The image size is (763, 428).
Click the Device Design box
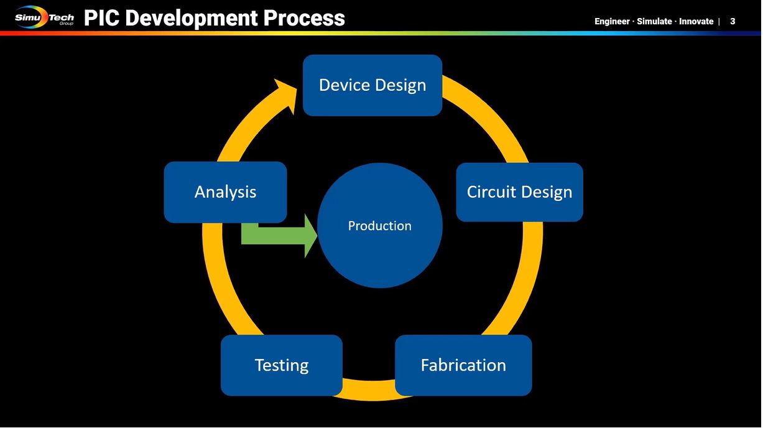click(x=372, y=85)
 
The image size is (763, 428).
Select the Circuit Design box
click(x=519, y=192)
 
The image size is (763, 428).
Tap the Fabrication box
click(x=463, y=365)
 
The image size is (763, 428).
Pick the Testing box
click(x=281, y=365)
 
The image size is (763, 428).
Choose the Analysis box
click(x=225, y=192)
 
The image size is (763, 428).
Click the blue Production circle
click(x=380, y=226)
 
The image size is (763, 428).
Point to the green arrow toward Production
click(x=279, y=236)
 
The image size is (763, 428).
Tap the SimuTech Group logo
click(x=44, y=17)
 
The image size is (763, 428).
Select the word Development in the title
click(x=191, y=19)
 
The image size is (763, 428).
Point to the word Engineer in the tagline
click(x=612, y=22)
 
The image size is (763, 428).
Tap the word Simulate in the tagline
click(x=654, y=22)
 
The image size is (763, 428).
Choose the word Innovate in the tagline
click(x=696, y=22)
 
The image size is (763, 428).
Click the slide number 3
click(x=733, y=22)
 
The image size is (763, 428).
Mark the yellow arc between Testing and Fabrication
click(x=369, y=390)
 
